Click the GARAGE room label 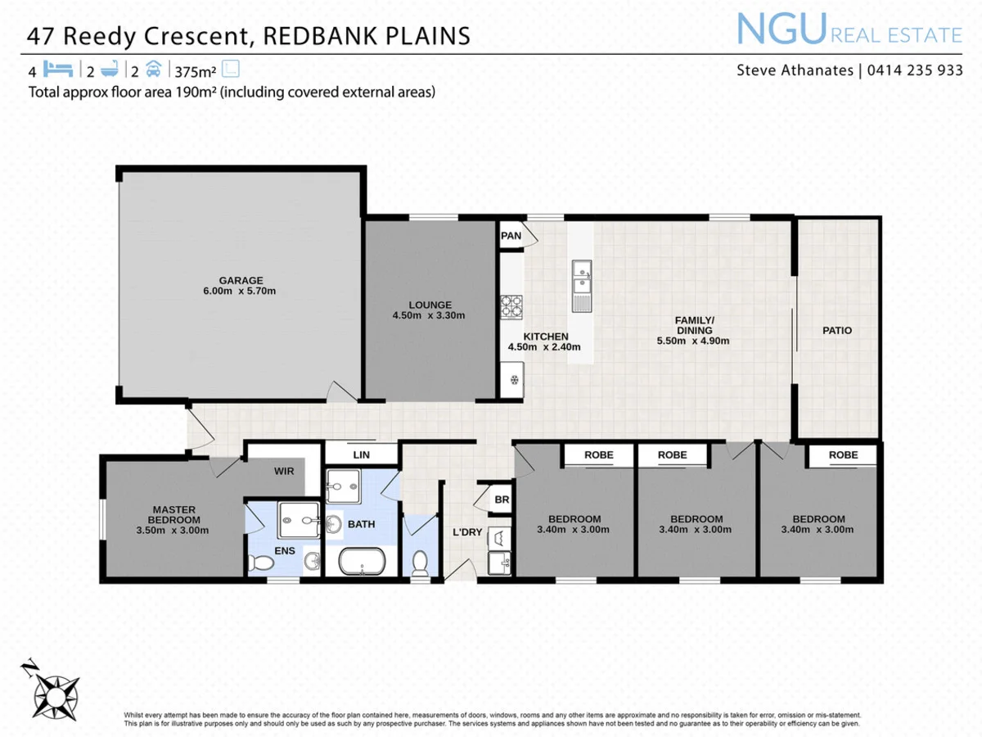point(241,280)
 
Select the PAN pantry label point(511,236)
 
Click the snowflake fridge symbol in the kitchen point(512,379)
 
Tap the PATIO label point(837,331)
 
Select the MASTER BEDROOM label point(173,515)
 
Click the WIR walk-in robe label point(284,471)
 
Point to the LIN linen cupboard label point(361,454)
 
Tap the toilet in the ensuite point(263,563)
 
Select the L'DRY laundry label point(467,532)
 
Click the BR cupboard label point(501,500)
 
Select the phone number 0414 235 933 point(914,70)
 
